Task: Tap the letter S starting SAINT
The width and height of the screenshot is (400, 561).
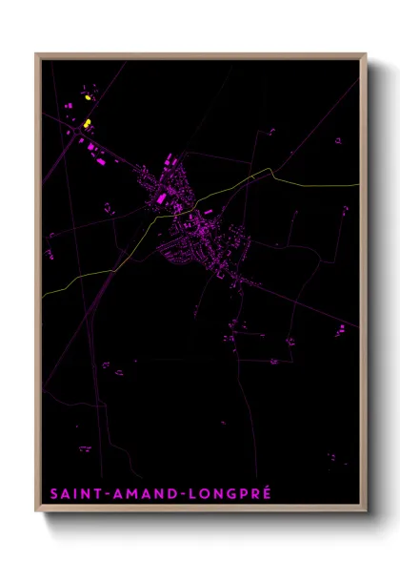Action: [x=51, y=493]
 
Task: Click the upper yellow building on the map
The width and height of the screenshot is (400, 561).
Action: [x=88, y=96]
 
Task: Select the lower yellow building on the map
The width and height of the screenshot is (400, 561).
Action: [x=87, y=123]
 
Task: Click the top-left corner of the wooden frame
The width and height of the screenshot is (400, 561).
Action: [x=36, y=54]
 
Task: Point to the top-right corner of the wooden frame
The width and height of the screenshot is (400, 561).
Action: [x=367, y=54]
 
